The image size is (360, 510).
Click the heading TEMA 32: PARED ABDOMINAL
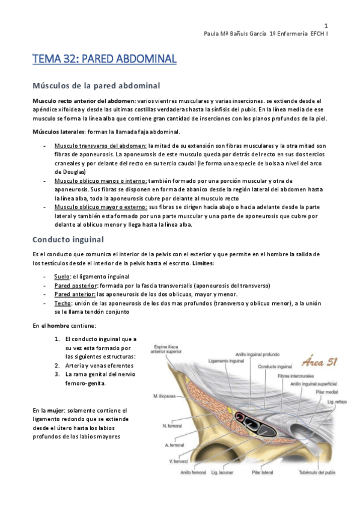(x=104, y=59)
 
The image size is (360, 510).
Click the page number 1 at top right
(x=326, y=26)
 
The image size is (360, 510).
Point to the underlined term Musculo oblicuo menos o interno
(x=107, y=180)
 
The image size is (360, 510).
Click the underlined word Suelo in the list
(x=62, y=276)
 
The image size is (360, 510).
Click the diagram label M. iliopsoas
(x=163, y=380)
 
